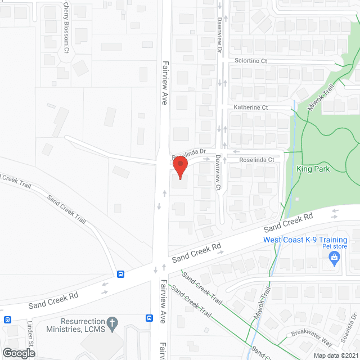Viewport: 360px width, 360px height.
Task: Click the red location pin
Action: (179, 167)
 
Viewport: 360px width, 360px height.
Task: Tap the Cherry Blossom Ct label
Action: (66, 28)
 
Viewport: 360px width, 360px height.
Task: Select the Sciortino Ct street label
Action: (251, 61)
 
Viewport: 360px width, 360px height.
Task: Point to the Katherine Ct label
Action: (251, 107)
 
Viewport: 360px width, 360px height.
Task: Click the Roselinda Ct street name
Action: (256, 160)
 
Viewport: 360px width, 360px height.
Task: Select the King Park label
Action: (313, 169)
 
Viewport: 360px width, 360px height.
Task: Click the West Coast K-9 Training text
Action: (305, 240)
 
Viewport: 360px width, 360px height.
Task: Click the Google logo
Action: (18, 353)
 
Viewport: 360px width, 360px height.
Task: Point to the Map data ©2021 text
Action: (335, 355)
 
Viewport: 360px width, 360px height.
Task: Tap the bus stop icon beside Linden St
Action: (7, 319)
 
